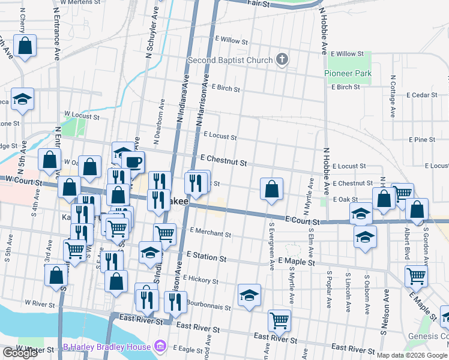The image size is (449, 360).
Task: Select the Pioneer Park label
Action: point(348,73)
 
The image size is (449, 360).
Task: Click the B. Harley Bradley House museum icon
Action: point(160,346)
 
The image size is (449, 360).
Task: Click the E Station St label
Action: point(206,258)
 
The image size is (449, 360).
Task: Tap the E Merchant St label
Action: point(210,233)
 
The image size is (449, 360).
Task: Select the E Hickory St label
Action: point(201,278)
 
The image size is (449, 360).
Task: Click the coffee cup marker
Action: point(133,161)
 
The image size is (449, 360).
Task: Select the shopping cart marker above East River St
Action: point(279,321)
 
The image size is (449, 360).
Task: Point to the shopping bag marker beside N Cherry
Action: point(25,46)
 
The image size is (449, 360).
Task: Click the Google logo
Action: point(20,353)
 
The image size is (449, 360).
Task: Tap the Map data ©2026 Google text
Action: point(412,355)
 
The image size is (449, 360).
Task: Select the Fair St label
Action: point(260,4)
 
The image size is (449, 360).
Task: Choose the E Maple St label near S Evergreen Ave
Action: point(297,262)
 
